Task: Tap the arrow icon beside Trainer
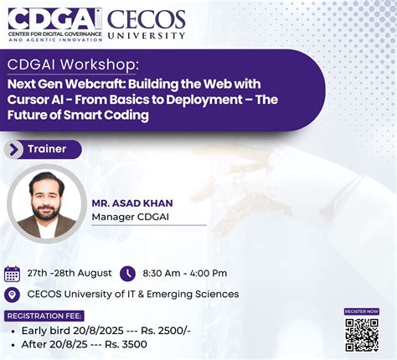tap(14, 149)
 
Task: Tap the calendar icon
tap(13, 273)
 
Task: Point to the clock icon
tap(127, 273)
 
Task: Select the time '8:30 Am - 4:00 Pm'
tap(184, 273)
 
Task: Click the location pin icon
tap(12, 294)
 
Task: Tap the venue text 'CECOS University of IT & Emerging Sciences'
tap(132, 294)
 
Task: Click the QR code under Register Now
tap(362, 333)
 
